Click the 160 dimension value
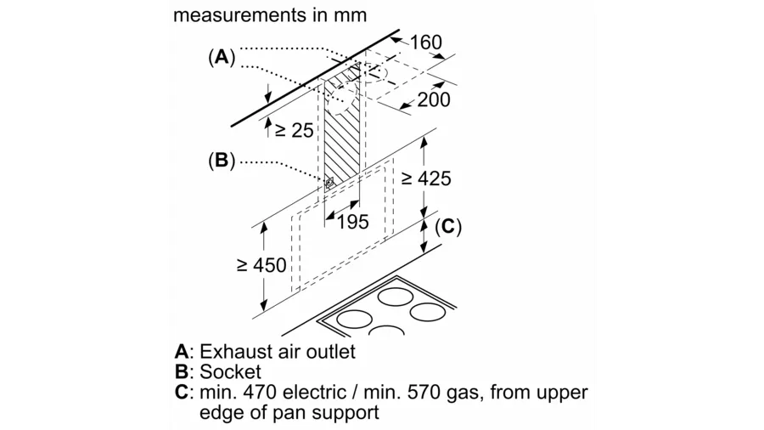pyautogui.click(x=427, y=42)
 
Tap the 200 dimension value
pyautogui.click(x=434, y=99)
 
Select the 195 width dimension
pyautogui.click(x=352, y=222)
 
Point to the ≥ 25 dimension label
pyautogui.click(x=294, y=130)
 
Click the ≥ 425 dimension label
pyautogui.click(x=426, y=178)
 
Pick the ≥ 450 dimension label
pyautogui.click(x=261, y=265)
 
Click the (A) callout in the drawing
pyautogui.click(x=221, y=58)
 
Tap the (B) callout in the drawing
pyautogui.click(x=221, y=160)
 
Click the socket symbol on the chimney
pyautogui.click(x=329, y=181)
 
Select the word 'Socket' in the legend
pyautogui.click(x=230, y=372)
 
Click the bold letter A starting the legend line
pyautogui.click(x=181, y=351)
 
